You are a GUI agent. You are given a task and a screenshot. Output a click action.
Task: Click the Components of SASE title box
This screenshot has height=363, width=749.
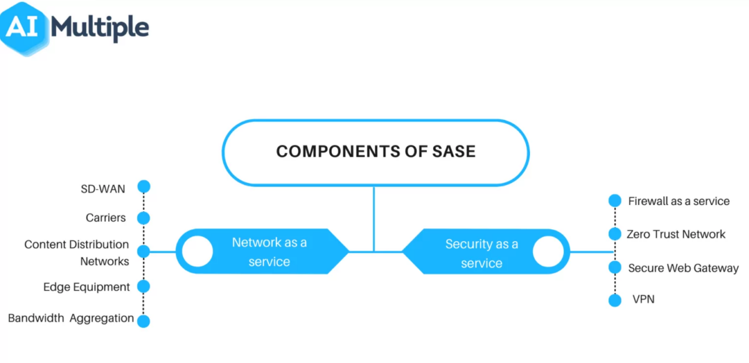point(375,152)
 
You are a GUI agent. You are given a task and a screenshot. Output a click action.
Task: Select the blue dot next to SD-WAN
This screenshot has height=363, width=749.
point(144,186)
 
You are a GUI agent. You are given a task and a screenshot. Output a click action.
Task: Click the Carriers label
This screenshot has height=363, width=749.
point(106,218)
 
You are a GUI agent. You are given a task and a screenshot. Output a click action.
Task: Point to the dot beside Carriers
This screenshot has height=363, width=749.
point(144,218)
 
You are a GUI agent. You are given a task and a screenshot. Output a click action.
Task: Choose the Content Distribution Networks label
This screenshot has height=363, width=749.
point(77,252)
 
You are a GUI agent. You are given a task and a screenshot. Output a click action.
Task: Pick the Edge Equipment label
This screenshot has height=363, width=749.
point(87,287)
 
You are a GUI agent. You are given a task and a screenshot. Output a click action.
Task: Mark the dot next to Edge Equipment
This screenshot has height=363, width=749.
point(144,287)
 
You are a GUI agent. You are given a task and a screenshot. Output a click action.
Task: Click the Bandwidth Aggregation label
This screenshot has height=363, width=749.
point(71,318)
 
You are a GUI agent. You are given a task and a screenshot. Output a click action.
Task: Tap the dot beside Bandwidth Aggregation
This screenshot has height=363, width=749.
point(144,321)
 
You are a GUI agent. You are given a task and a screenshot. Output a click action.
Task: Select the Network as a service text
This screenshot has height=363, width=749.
point(269,252)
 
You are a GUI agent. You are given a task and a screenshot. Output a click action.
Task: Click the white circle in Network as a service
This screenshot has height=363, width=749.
point(197,251)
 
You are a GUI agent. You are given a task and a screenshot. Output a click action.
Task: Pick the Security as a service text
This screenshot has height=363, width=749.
point(481,253)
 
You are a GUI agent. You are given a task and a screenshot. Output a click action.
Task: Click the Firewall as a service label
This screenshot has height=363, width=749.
point(678,201)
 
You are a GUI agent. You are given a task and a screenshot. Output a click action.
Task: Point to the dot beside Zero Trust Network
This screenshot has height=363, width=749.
point(615,234)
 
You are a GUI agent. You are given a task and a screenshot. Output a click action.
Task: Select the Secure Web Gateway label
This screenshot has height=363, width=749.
point(683,268)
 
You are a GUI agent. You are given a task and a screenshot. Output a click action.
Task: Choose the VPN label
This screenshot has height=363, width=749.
point(644,299)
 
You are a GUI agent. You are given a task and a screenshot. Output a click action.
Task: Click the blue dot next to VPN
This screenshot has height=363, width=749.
point(615,300)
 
